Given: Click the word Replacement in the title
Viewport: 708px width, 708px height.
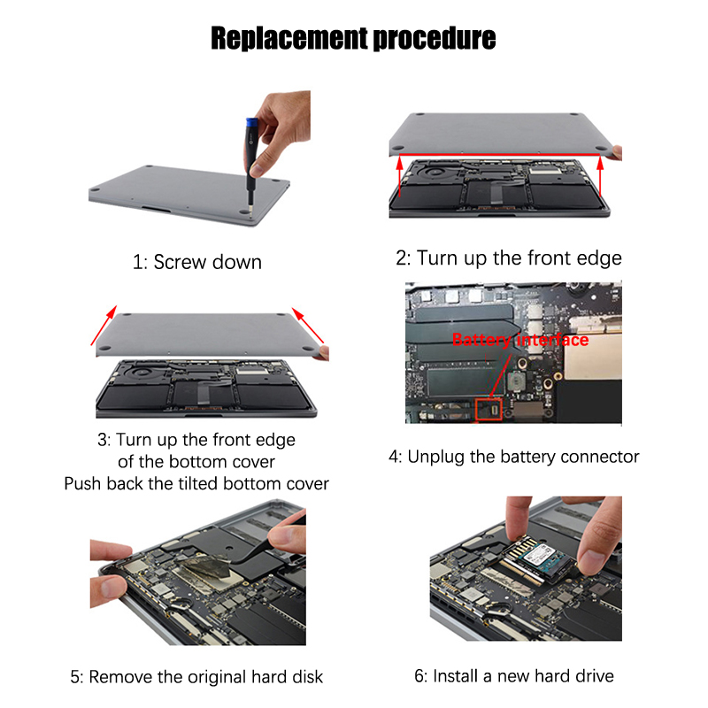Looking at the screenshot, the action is point(289,38).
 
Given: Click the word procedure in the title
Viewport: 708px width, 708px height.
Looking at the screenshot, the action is point(435,39).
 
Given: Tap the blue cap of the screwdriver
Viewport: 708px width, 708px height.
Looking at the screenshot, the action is point(251,124).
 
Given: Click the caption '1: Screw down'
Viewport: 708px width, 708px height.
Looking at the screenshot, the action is point(197,262).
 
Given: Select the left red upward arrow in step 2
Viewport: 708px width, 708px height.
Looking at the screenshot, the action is point(400,176).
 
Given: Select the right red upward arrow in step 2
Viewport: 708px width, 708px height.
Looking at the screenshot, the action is point(600,176).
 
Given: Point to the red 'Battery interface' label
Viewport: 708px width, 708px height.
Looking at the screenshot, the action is point(520,340).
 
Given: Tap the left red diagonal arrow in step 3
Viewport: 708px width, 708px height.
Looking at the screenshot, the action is point(104,325).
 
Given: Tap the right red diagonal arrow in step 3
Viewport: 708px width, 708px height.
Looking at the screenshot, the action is point(308,325).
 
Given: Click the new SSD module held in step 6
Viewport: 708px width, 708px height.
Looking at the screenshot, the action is point(538,559).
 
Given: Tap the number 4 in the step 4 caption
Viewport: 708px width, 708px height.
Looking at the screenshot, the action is point(394,457).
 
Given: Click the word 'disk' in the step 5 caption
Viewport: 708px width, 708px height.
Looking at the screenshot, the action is point(307,677).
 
